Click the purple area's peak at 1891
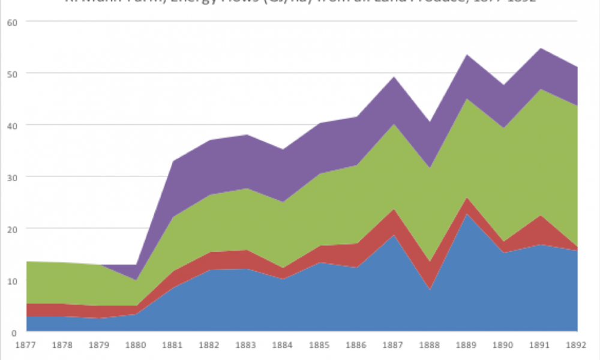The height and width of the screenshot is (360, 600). click(541, 48)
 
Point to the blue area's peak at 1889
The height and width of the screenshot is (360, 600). click(467, 214)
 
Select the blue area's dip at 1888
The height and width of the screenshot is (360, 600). click(430, 290)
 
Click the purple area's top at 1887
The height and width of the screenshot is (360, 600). click(394, 77)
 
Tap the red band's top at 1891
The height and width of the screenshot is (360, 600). click(541, 216)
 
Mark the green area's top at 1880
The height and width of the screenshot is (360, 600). click(136, 280)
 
